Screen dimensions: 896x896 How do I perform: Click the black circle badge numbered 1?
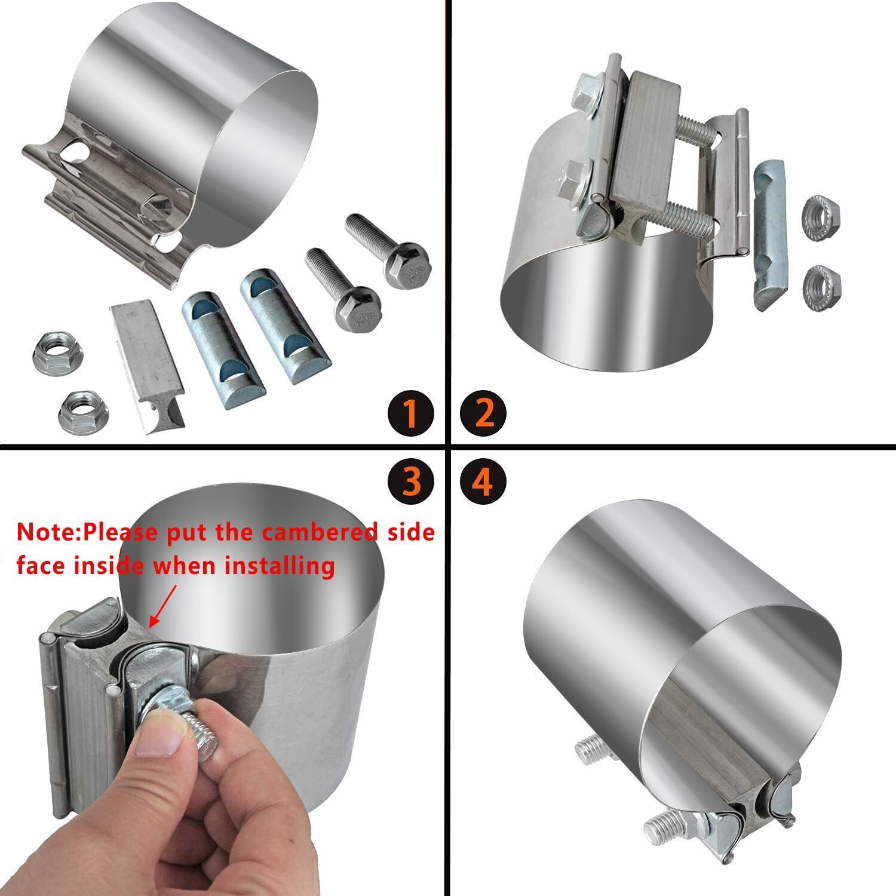(x=410, y=413)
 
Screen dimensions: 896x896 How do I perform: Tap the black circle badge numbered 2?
(x=484, y=413)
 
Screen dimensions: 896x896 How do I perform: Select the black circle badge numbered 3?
(x=410, y=482)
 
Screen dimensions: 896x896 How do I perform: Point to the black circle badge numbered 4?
(x=484, y=482)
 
